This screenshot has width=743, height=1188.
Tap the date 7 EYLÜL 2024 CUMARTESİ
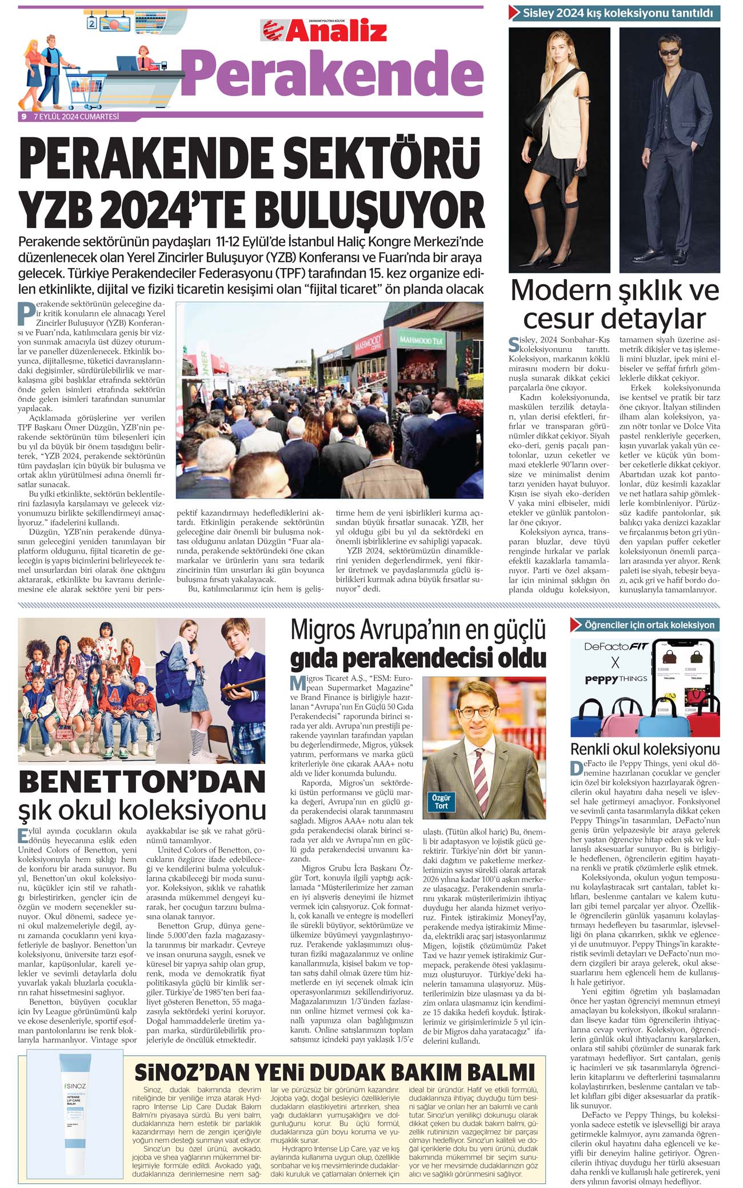pos(76,117)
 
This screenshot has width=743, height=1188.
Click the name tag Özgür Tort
pos(441,802)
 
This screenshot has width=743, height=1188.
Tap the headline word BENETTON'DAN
pos(142,782)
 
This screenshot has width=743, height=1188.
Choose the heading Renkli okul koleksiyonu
pos(645,750)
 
